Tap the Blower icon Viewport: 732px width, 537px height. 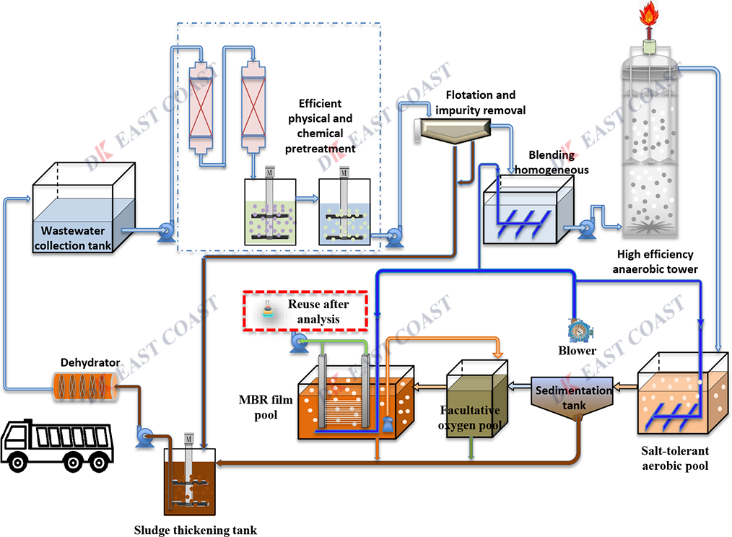[579, 329]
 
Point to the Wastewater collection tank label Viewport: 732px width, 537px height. [73, 238]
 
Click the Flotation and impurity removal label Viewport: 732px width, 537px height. [481, 102]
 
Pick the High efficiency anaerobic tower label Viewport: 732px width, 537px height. [654, 263]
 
